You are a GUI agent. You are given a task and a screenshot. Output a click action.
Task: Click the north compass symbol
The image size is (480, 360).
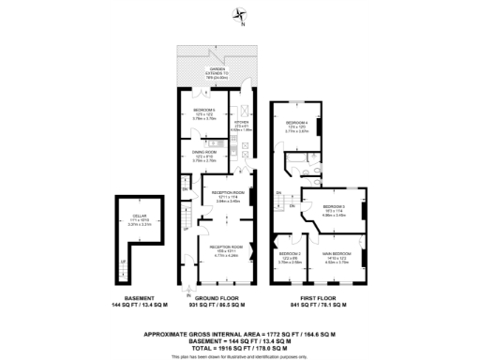point(241,14)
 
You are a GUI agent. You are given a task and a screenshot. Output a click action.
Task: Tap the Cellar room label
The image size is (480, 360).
point(137,217)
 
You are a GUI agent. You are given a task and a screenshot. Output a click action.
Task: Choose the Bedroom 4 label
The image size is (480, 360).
point(295,127)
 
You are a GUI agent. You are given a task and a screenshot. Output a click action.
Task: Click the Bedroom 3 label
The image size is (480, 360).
point(335,209)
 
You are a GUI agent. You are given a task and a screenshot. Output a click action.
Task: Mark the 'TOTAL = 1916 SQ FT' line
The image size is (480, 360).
point(240,347)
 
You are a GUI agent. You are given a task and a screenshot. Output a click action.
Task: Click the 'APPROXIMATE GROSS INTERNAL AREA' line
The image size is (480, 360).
point(240,334)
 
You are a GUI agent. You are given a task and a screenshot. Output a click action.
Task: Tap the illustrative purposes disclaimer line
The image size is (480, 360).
point(240,355)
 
